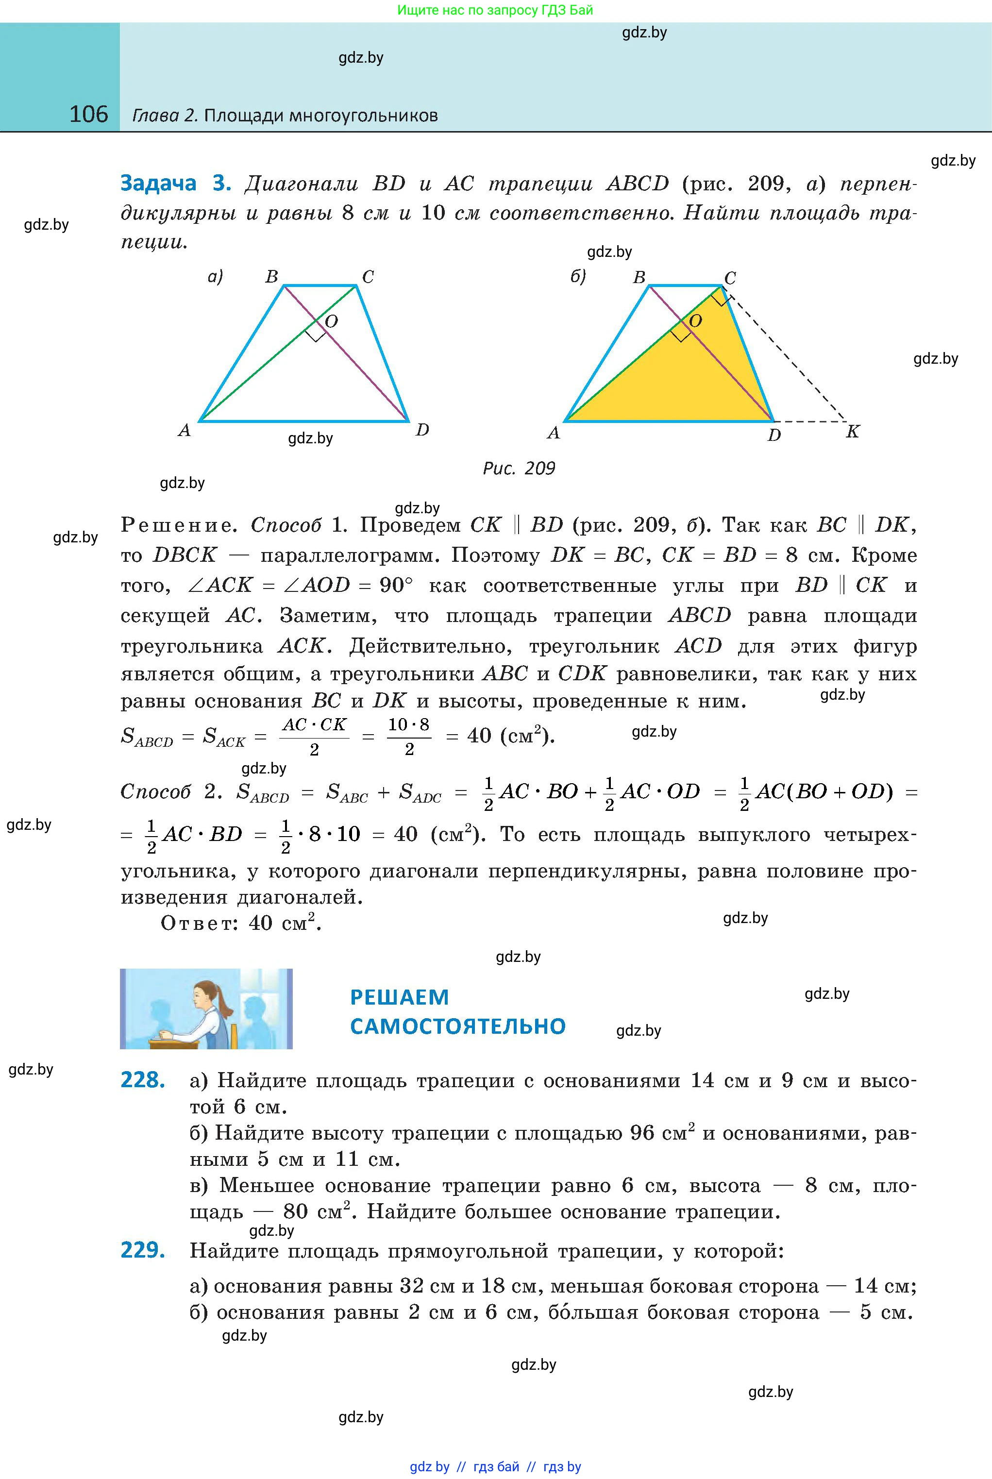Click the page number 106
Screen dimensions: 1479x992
[88, 115]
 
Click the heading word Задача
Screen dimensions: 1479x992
[158, 183]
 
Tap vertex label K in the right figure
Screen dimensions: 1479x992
[852, 432]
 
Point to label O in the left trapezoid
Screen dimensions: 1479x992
[331, 321]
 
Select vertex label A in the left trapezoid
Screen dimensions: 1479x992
[184, 431]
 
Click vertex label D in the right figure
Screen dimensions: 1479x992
[773, 435]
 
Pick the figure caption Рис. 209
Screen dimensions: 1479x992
[519, 468]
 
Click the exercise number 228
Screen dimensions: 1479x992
[143, 1080]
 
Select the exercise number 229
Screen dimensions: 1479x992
[143, 1250]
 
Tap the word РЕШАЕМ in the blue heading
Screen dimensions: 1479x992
[399, 997]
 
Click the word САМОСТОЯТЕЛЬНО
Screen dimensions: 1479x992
[457, 1026]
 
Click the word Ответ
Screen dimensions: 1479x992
[198, 924]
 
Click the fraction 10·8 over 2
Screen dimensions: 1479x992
[409, 736]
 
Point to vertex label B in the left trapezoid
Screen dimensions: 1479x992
[271, 276]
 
